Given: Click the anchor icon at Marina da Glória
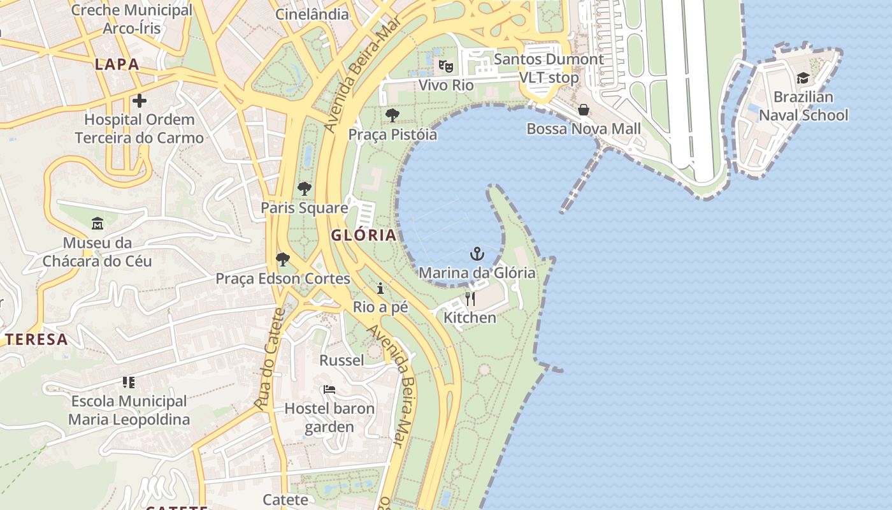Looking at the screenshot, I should coord(477,254).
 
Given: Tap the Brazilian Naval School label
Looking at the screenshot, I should coord(803,106).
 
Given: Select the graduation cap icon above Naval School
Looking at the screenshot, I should coord(803,78).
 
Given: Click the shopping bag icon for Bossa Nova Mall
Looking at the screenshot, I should coord(583,110).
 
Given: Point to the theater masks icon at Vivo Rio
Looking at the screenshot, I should coord(446,66).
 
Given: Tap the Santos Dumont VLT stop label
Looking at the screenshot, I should coord(549,68).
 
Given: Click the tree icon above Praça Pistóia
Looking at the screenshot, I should coord(392,115).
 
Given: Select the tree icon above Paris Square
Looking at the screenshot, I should coord(305,189).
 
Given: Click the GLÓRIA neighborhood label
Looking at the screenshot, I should coord(364,235).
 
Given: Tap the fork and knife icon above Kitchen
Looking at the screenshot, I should coord(470,298).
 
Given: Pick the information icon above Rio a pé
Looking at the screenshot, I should coord(380,288).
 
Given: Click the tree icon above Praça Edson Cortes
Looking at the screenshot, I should coord(283,259).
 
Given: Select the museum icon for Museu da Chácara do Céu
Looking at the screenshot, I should coord(97,224).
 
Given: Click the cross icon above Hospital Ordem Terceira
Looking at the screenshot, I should coord(139,101).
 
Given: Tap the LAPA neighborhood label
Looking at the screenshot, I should coord(117,64).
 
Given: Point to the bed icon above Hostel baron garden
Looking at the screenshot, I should coord(329,389).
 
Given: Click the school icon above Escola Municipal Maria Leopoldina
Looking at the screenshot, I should coord(129,382).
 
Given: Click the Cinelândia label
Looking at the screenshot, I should coord(312,14).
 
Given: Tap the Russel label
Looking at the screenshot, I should coord(342,360).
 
